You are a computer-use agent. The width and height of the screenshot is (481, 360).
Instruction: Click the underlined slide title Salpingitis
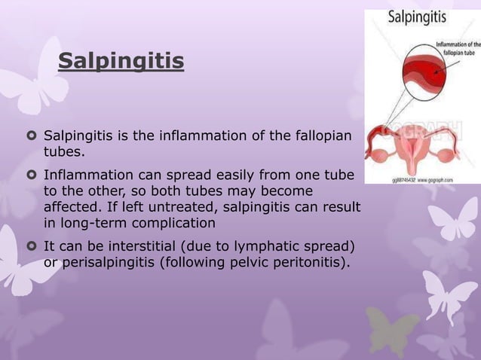point(121,60)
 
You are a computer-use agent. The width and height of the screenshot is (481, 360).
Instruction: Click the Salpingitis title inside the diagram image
point(417,16)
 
